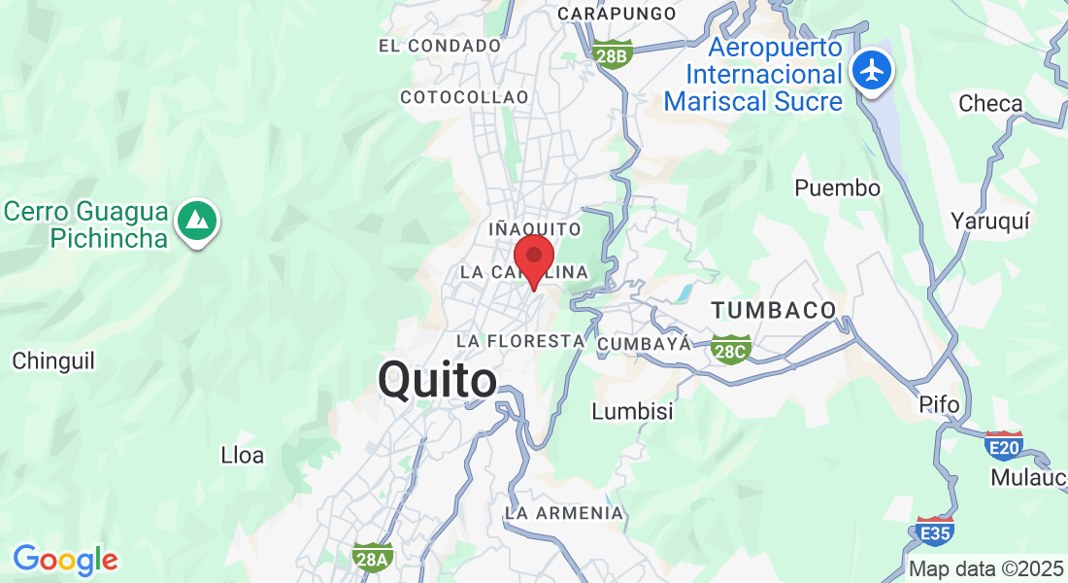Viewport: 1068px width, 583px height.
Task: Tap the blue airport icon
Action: coord(873,70)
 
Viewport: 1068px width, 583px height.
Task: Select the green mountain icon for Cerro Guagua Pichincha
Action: coord(198,222)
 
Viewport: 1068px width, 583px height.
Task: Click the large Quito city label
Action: coord(437,380)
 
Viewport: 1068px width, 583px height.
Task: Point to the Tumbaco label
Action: coord(774,311)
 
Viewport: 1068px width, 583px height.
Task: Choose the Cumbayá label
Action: coord(644,344)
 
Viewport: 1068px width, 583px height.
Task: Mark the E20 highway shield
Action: coord(1003,445)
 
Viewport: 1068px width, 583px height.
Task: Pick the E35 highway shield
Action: coord(935,531)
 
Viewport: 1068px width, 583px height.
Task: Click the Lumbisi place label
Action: coord(632,412)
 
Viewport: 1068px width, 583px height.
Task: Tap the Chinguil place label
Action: coord(53,361)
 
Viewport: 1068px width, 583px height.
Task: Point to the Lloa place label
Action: coord(243,455)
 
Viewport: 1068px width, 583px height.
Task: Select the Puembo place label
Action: coord(837,189)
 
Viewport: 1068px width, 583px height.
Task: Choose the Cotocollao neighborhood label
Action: coord(464,97)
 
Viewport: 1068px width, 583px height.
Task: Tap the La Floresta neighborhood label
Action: coord(520,341)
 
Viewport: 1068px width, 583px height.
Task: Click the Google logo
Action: coord(65,560)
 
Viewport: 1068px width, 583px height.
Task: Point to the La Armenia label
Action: coord(564,512)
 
